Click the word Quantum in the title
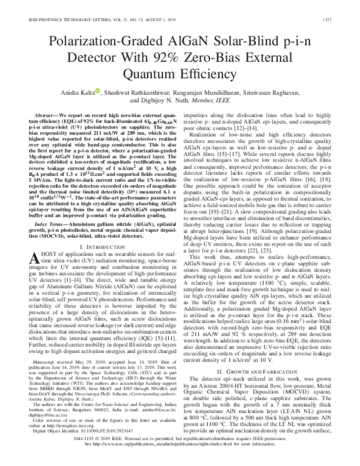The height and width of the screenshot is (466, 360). click(151, 74)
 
